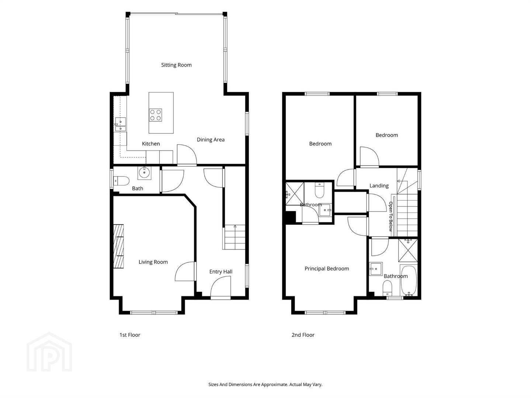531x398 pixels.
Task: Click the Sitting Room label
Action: (x=176, y=65)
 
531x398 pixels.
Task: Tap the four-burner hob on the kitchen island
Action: (x=156, y=115)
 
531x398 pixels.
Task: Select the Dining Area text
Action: (x=211, y=140)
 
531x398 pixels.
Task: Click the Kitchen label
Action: (x=151, y=144)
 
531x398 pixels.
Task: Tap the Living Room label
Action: (x=153, y=262)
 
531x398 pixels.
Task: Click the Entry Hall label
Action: (x=221, y=272)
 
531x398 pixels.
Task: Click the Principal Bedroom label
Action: (x=327, y=269)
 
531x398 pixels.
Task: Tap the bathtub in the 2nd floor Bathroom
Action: (x=409, y=280)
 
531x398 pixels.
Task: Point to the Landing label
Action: (x=379, y=186)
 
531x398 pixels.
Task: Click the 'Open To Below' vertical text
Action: (x=391, y=217)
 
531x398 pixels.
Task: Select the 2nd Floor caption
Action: (x=303, y=335)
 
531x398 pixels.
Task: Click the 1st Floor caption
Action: (x=130, y=335)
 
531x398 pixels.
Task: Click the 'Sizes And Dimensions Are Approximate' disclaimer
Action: (x=265, y=384)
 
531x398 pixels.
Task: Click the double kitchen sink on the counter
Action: (x=121, y=125)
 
